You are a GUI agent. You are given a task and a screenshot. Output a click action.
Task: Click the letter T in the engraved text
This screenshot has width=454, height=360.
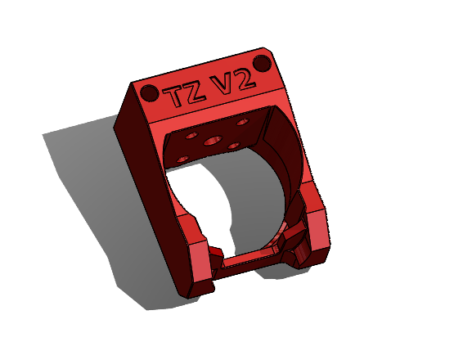tap(174, 95)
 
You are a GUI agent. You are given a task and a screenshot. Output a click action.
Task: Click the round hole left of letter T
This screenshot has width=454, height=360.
tap(149, 92)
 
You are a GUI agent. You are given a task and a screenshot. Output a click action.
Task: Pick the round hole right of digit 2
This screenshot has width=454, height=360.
tap(263, 63)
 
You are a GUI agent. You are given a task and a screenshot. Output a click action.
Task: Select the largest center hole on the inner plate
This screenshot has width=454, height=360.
tap(214, 140)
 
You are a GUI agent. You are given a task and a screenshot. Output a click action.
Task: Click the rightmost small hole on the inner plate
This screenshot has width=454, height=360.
tap(242, 121)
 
